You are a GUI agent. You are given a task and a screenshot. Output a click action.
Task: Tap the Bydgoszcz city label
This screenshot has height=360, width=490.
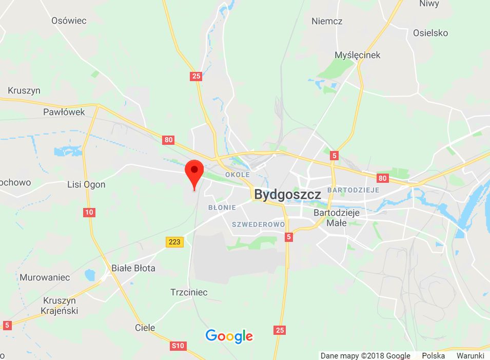[287, 195]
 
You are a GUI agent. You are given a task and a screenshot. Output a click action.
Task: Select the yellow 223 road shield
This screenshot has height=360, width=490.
[175, 241]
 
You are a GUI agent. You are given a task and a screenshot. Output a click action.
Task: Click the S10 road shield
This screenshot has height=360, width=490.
[178, 346]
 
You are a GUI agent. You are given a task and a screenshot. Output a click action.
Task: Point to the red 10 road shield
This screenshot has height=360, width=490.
[89, 212]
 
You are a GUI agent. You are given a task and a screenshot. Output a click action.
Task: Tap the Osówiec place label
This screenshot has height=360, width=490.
[69, 21]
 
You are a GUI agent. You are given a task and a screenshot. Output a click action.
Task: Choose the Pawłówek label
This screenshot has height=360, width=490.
[64, 111]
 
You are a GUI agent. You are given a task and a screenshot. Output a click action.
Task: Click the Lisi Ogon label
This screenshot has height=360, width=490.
[87, 184]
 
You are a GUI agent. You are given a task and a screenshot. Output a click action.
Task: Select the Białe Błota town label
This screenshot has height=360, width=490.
[133, 268]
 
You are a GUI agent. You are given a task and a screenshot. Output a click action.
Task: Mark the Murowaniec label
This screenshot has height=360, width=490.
[45, 277]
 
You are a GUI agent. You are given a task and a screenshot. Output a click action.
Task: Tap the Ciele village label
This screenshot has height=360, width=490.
[145, 327]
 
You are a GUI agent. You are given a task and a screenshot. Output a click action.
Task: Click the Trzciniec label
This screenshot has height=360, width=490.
[189, 292]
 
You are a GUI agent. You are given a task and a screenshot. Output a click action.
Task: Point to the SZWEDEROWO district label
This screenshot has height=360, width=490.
[258, 224]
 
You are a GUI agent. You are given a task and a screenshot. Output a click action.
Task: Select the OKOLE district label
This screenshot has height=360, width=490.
[237, 175]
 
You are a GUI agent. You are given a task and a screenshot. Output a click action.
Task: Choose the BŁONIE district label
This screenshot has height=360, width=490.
[222, 207]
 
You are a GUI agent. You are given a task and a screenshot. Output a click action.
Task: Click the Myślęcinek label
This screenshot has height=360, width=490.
[358, 55]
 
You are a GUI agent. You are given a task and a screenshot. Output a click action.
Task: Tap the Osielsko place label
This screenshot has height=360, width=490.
[430, 33]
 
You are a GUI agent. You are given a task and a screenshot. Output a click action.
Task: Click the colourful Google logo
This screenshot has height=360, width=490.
[229, 336]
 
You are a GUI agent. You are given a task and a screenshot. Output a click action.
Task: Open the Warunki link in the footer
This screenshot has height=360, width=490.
[471, 355]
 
